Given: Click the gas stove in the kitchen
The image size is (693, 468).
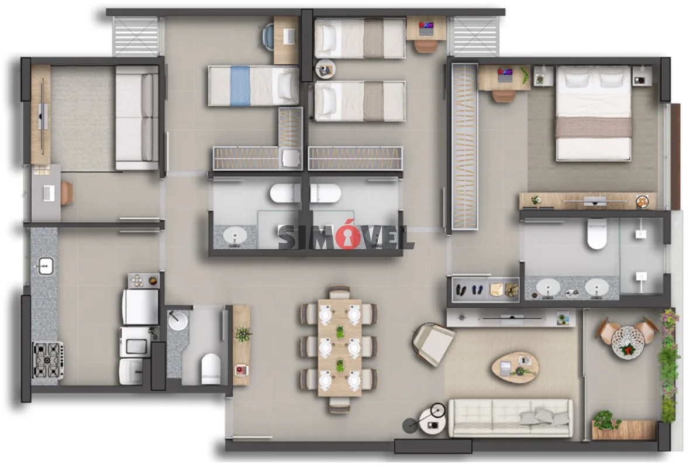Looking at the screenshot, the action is pyautogui.click(x=48, y=360).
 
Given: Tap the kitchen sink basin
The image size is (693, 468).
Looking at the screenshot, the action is pyautogui.click(x=45, y=267).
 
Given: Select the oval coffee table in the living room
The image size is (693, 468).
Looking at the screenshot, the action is pyautogui.click(x=515, y=367).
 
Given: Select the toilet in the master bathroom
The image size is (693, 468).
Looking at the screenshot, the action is pyautogui.click(x=597, y=234).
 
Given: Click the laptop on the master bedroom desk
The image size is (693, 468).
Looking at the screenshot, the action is pyautogui.click(x=505, y=75).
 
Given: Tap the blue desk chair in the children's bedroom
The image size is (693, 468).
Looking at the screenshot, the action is pyautogui.click(x=268, y=35).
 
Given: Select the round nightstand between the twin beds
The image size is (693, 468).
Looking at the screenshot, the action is pyautogui.click(x=326, y=70).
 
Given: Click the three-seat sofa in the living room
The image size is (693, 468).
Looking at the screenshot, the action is pyautogui.click(x=511, y=418).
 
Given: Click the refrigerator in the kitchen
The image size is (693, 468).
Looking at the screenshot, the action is pyautogui.click(x=140, y=307).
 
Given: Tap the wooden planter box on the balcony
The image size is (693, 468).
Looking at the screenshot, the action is pyautogui.click(x=623, y=430).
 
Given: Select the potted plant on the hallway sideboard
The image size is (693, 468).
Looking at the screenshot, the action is pyautogui.click(x=243, y=333).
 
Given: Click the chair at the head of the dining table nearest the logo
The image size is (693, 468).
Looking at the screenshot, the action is pyautogui.click(x=340, y=292).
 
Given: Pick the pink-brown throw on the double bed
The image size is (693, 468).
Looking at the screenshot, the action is pyautogui.click(x=594, y=127).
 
